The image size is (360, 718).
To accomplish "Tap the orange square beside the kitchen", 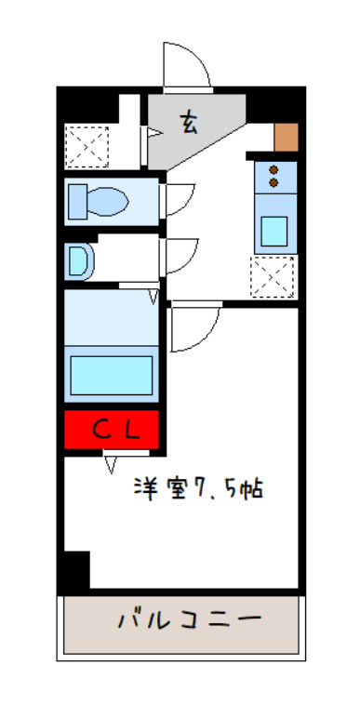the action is pyautogui.click(x=287, y=137).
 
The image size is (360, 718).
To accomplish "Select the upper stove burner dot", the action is pyautogui.click(x=273, y=170).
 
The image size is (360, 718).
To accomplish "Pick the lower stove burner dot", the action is pyautogui.click(x=273, y=182).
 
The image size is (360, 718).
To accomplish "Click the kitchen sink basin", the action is pyautogui.click(x=274, y=232).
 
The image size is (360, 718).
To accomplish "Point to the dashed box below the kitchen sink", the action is pyautogui.click(x=272, y=277).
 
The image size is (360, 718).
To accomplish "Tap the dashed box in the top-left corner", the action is pyautogui.click(x=87, y=147).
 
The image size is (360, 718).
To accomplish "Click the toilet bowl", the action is pyautogui.click(x=107, y=202).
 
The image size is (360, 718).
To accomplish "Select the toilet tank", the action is pyautogui.click(x=77, y=202).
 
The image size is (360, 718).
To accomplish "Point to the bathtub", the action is pyautogui.click(x=112, y=375).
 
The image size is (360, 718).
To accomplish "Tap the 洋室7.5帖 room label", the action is pyautogui.click(x=198, y=488).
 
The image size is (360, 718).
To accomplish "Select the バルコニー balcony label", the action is pyautogui.click(x=190, y=620).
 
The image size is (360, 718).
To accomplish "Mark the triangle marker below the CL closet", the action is pyautogui.click(x=110, y=462).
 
